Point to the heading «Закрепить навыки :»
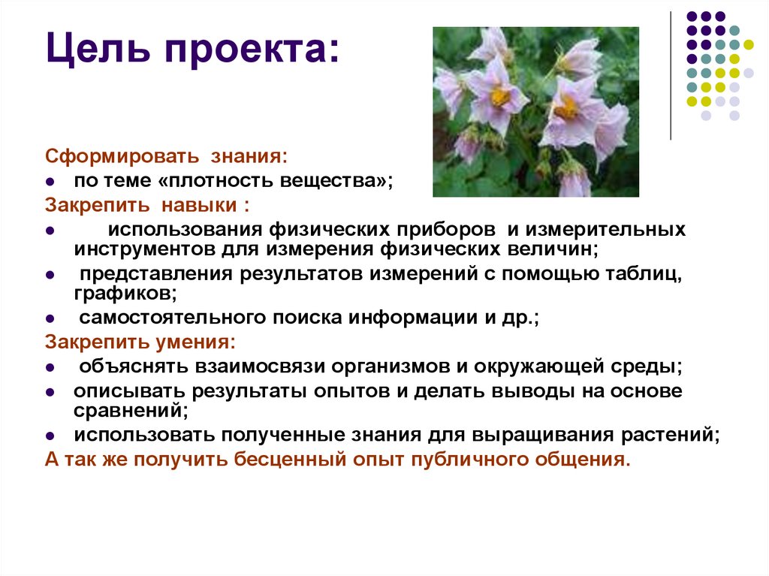147,204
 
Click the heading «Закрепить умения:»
140,342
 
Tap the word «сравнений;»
130,411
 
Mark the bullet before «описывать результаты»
50,393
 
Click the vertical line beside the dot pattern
671,75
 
